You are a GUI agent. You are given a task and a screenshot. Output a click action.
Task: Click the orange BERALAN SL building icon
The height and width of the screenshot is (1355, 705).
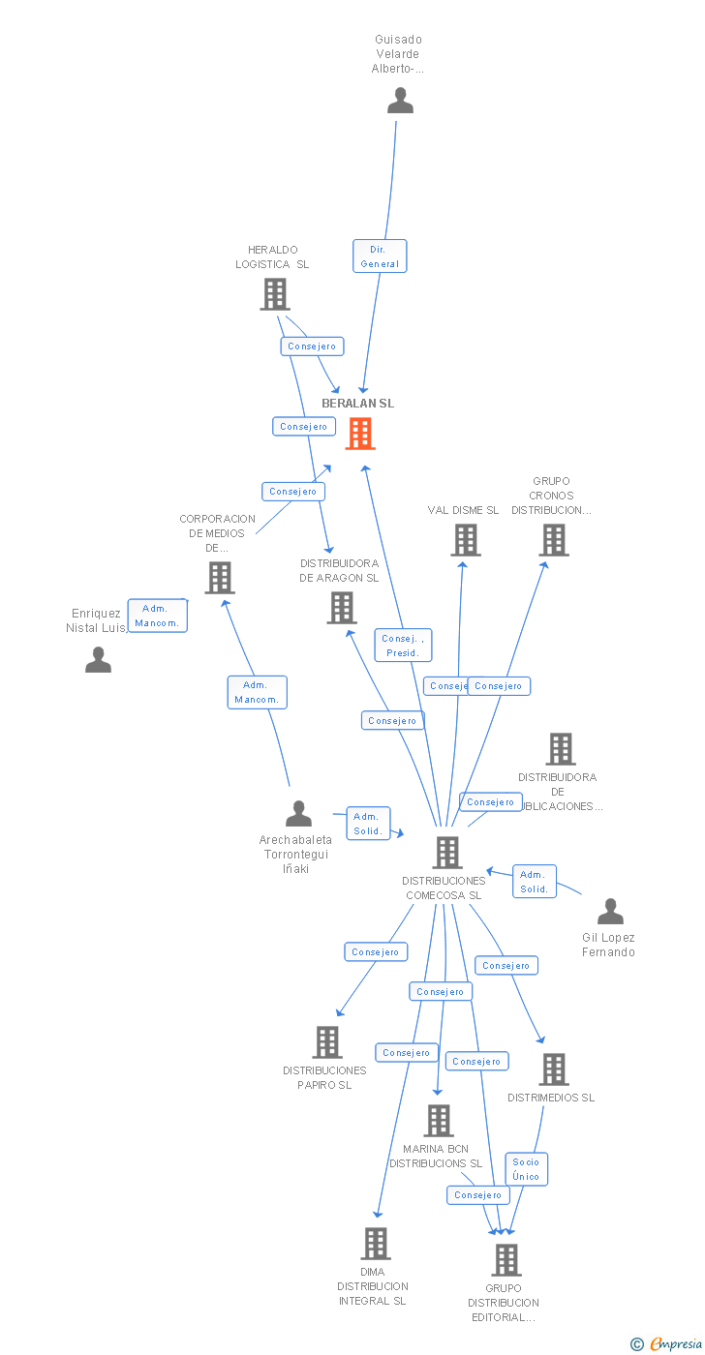click(360, 434)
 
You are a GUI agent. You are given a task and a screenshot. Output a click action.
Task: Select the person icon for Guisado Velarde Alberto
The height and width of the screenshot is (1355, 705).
click(400, 100)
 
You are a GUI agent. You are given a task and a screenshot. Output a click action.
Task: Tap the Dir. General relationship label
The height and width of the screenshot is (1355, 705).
click(379, 256)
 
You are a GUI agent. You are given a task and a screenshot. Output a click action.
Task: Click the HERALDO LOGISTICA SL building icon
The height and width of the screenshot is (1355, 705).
click(275, 294)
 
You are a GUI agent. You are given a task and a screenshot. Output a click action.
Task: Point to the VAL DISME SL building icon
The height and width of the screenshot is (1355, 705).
click(466, 540)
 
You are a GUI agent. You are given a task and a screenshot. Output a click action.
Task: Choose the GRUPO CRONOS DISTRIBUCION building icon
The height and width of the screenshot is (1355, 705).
click(554, 540)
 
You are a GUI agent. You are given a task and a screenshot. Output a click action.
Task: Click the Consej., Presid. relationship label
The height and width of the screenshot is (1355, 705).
click(403, 646)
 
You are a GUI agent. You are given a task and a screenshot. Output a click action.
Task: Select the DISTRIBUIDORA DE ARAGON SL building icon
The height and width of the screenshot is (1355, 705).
click(342, 608)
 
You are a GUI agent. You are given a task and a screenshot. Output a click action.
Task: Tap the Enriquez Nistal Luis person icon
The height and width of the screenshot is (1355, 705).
click(98, 659)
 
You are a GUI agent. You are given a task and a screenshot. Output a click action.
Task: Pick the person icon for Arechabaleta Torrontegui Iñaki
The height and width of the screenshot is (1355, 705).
click(298, 814)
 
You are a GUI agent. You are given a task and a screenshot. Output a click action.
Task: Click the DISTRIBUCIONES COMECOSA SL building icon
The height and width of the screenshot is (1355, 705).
click(446, 853)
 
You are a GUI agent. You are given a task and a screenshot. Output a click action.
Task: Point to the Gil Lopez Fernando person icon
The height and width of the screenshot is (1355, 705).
click(610, 912)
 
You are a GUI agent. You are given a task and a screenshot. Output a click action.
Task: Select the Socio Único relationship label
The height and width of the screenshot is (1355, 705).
click(526, 1169)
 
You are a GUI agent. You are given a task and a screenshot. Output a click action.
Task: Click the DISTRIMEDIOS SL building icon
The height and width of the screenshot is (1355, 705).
click(554, 1069)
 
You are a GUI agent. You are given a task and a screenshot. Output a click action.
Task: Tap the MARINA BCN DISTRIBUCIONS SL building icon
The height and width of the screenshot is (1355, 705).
click(439, 1121)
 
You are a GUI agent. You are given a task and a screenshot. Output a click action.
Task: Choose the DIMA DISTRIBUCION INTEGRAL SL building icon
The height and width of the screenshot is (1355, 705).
click(375, 1244)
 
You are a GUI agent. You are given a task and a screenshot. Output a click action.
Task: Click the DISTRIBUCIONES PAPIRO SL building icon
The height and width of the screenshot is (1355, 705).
click(327, 1042)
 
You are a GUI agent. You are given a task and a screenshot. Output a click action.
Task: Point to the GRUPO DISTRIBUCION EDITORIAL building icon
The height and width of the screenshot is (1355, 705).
click(506, 1260)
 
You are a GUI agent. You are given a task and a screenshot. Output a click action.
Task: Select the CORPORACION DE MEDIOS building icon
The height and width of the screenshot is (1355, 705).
click(220, 578)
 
